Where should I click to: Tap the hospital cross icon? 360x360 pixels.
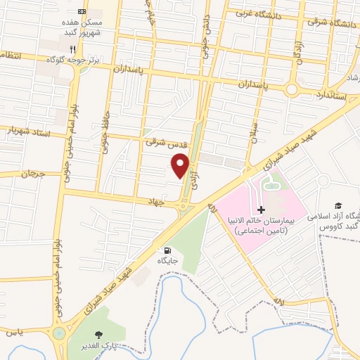click(x=261, y=210)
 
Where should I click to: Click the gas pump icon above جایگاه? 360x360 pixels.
click(x=167, y=250)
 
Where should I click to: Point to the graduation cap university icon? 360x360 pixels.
click(x=338, y=203)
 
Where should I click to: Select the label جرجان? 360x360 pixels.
click(x=32, y=173)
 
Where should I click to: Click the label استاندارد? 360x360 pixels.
click(x=330, y=94)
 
